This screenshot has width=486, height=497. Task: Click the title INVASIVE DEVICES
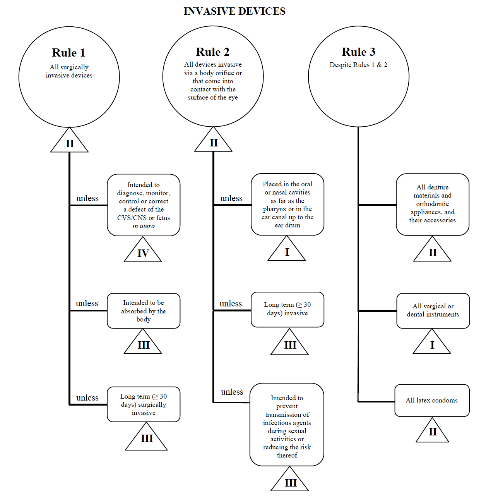point(234,11)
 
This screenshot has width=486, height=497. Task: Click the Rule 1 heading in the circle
point(69,53)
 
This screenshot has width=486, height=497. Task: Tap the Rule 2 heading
point(213,52)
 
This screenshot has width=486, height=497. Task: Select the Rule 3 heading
point(359,52)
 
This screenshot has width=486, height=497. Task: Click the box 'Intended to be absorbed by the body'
point(144,311)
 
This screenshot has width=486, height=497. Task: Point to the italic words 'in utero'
point(144,226)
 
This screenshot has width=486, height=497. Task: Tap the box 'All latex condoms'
point(432,401)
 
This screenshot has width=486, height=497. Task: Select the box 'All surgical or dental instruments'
point(433,311)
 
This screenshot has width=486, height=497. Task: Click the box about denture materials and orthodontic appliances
point(433,204)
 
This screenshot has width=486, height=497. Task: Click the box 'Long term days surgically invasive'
point(144,404)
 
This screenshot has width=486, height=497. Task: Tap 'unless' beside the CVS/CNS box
point(87,198)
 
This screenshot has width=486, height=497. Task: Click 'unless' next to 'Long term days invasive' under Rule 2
point(231,304)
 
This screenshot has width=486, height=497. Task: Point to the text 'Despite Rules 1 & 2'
point(358,65)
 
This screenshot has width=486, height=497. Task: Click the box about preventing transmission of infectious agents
point(287,426)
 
